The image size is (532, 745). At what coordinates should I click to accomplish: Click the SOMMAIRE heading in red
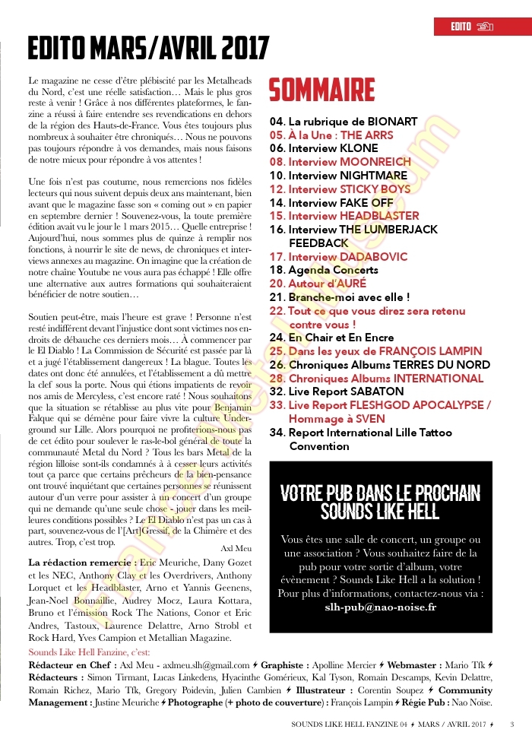pyautogui.click(x=321, y=90)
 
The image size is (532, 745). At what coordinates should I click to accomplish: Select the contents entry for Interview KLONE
pyautogui.click(x=326, y=148)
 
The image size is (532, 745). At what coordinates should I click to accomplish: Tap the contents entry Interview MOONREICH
pyautogui.click(x=340, y=162)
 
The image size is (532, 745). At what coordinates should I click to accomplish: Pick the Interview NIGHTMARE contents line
pyautogui.click(x=338, y=176)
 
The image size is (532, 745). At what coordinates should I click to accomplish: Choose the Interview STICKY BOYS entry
pyautogui.click(x=340, y=189)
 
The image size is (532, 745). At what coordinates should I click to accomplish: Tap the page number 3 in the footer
pyautogui.click(x=512, y=724)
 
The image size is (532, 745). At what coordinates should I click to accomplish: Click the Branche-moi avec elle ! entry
pyautogui.click(x=339, y=297)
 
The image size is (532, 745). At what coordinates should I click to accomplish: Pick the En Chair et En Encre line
pyautogui.click(x=331, y=338)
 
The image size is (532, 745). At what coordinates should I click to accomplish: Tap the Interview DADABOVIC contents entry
pyautogui.click(x=338, y=257)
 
